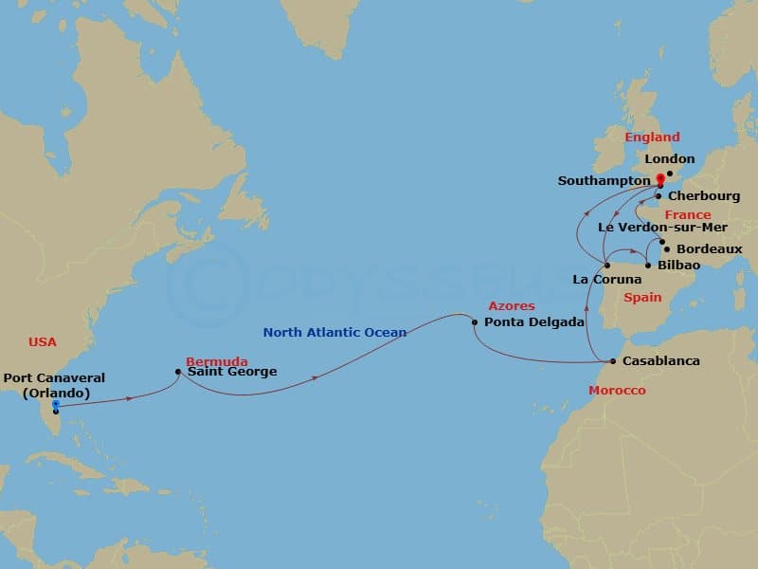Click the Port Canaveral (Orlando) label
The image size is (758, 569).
pos(53,385)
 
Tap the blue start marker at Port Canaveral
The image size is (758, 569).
pos(56,405)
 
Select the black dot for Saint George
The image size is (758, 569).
pos(178,372)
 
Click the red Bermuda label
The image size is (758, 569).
pos(217,361)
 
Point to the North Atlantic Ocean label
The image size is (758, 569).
pos(334,332)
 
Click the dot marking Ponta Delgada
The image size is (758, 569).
pos(474,322)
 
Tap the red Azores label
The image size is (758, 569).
pos(512,306)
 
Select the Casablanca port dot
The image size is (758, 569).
pos(613,361)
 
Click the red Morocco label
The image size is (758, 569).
pos(617,391)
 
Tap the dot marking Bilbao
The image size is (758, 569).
pos(648,266)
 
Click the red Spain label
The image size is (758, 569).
pos(642,298)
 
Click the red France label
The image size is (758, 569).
pos(687,215)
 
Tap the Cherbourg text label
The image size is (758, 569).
pos(704,197)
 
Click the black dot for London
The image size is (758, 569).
pos(668,174)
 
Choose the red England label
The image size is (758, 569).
pos(652,138)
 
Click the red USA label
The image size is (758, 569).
pos(43,341)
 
